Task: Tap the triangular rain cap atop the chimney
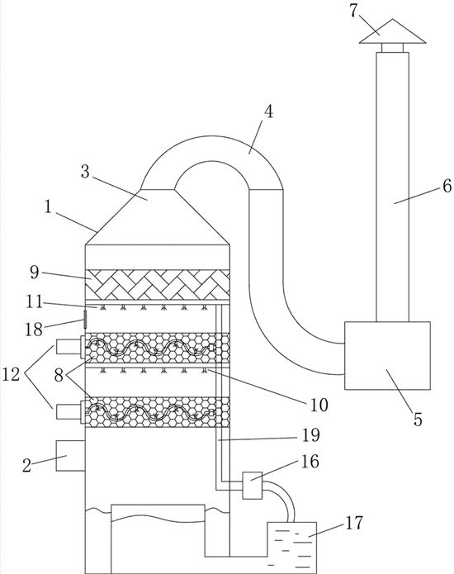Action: [x=393, y=31]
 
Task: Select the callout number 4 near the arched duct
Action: [x=269, y=111]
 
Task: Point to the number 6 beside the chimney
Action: [x=447, y=187]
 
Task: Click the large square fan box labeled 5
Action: [x=387, y=355]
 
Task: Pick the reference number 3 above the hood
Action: [x=85, y=172]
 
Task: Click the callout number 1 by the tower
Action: [x=49, y=207]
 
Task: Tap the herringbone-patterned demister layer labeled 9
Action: [x=158, y=284]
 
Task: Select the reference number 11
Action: [x=35, y=303]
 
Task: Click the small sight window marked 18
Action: [x=85, y=320]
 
